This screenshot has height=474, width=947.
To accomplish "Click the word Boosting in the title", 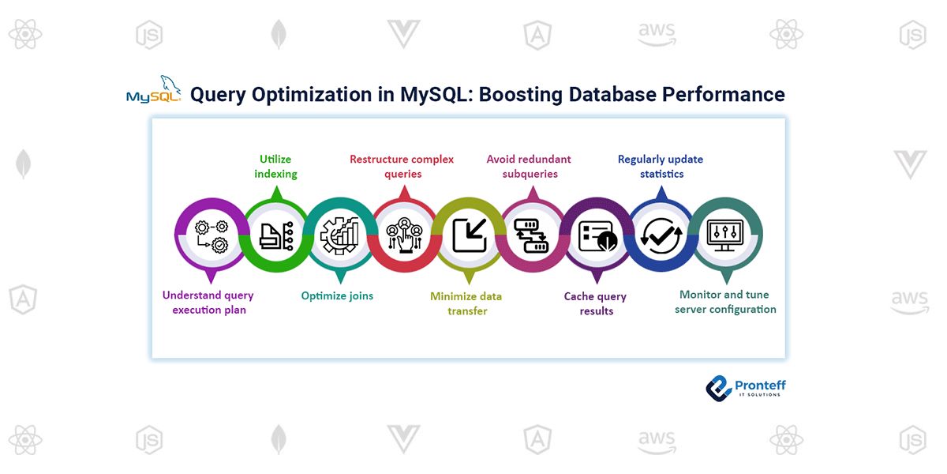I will pos(518,95).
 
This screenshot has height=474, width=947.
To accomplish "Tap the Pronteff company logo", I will pos(744,387).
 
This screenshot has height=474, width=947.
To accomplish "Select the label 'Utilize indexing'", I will pos(275,167).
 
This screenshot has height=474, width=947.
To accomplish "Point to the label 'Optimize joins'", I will pos(337,296).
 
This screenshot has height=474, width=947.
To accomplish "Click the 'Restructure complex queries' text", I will pos(402,167).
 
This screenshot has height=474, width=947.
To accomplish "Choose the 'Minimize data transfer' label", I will pos(466,303).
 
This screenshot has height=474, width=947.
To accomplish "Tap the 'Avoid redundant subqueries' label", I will pos(529,167).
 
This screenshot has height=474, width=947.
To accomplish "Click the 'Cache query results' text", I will pos(595,303).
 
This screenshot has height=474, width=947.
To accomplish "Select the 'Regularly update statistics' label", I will pos(661,167).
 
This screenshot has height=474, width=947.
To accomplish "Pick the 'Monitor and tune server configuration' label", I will pos(725,302).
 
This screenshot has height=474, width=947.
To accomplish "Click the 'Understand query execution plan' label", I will pos(208,303).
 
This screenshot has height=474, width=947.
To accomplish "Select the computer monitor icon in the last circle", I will pos(724,235).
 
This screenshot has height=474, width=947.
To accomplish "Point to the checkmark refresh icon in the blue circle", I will pos(660,235).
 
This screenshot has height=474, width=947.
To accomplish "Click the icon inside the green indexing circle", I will pos(275,235).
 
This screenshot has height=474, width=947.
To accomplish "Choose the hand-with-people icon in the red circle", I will pos(403,235).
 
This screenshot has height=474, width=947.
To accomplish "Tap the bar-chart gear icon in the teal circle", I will pos(339,235).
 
